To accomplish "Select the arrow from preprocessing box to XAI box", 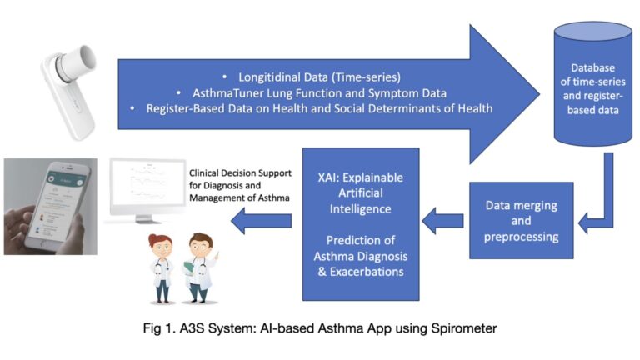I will point(441,221).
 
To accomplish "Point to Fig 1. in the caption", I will point(164,327).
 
